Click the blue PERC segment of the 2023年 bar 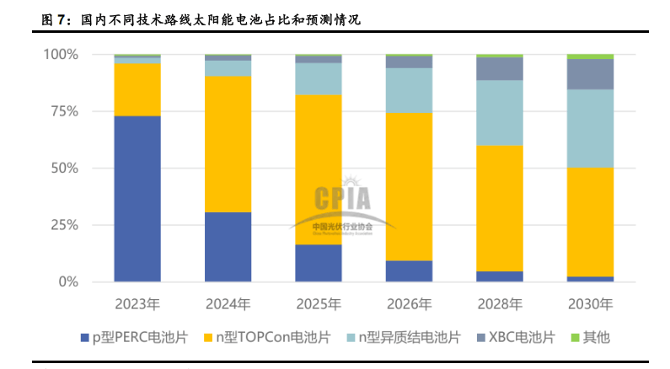[137, 199]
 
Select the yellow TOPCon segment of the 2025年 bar [319, 169]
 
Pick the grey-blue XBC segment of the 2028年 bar [500, 69]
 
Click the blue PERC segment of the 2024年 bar [228, 247]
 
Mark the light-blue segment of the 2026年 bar [409, 90]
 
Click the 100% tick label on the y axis [60, 55]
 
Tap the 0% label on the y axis [67, 282]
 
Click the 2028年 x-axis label [500, 303]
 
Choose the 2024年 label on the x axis [228, 303]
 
